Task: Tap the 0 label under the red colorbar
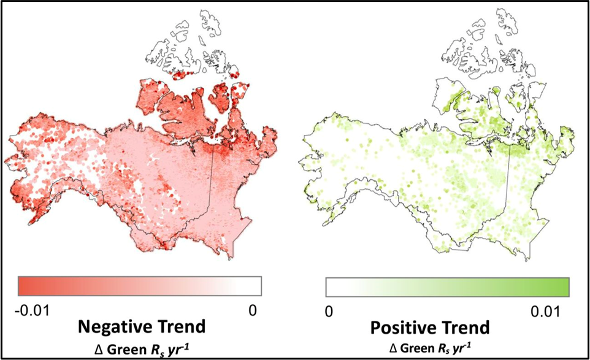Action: [253, 311]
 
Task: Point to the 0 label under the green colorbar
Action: [329, 311]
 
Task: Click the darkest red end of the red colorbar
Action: [25, 286]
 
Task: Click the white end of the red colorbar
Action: [256, 286]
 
